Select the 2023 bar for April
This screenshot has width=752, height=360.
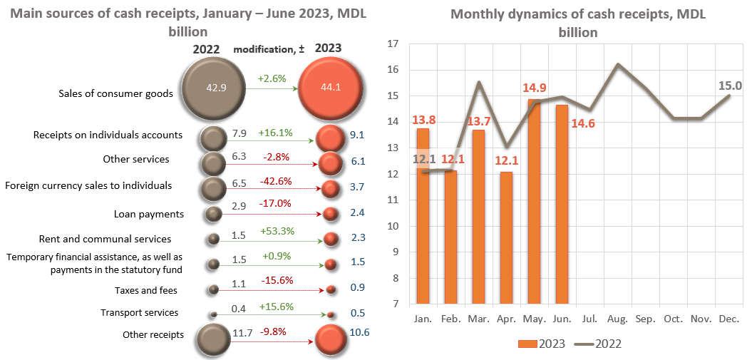(x=506, y=238)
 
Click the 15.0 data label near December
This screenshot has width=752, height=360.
(x=730, y=86)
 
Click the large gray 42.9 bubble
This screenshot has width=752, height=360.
(x=212, y=88)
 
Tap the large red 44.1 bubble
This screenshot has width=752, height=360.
(x=329, y=88)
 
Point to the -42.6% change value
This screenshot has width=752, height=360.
(x=277, y=181)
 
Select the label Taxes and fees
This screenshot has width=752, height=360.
(x=146, y=290)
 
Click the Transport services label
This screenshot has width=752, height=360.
(x=140, y=312)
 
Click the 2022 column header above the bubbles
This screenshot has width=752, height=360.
(x=206, y=49)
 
